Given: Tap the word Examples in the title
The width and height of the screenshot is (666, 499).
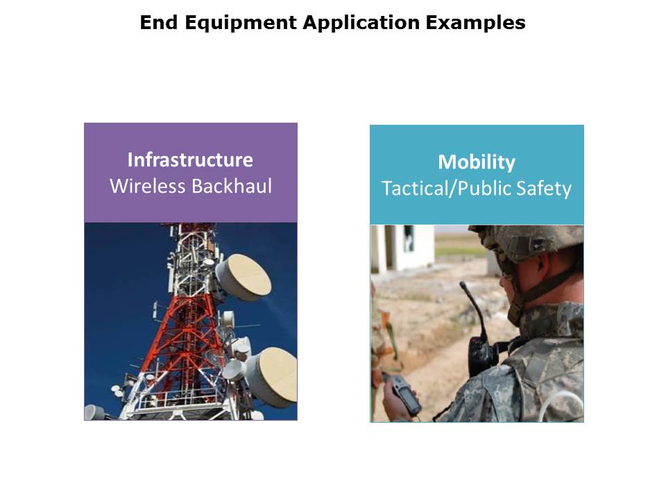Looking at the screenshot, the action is [475, 22].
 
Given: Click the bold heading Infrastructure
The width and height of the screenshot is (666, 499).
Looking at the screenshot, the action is [190, 159].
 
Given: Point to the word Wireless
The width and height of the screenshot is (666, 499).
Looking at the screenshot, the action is [148, 186].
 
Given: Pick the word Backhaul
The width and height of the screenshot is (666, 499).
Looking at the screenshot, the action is [232, 186].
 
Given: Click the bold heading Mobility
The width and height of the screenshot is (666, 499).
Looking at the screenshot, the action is [477, 162].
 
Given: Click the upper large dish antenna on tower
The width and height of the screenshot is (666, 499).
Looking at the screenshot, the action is [244, 277].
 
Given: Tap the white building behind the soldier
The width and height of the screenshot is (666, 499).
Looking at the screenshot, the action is [402, 248].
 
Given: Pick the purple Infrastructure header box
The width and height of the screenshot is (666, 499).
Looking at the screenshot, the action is [191, 173].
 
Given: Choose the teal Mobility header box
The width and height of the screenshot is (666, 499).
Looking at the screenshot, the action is [477, 175].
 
